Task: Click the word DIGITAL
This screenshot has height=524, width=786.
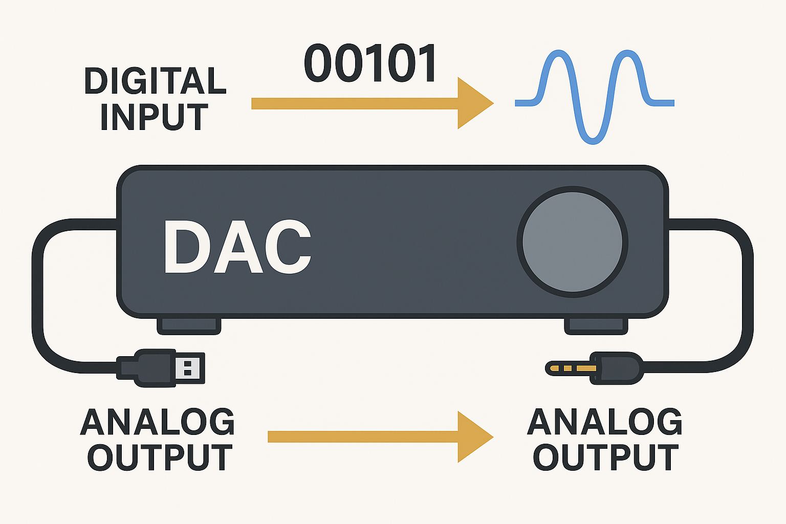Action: pos(155,81)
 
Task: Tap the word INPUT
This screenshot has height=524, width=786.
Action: pos(154,117)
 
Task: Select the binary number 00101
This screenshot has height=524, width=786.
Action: pos(370,64)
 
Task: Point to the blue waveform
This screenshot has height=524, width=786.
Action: pos(594,97)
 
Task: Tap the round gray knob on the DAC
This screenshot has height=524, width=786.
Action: pos(572,243)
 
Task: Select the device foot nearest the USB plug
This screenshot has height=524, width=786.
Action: pos(189,325)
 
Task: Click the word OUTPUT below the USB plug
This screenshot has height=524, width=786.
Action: pos(160,457)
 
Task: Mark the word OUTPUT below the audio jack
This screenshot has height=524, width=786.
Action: pos(606,457)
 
